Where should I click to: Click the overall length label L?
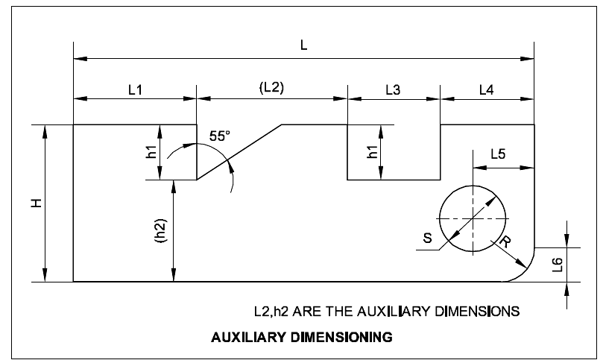[303, 45]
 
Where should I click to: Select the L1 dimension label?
[135, 89]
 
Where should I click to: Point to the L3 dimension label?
[393, 89]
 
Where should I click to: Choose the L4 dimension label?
[486, 89]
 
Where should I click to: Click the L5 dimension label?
[498, 154]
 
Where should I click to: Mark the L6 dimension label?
[558, 265]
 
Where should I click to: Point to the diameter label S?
[426, 239]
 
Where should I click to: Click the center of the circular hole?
[473, 218]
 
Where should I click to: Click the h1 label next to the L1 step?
[151, 153]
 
